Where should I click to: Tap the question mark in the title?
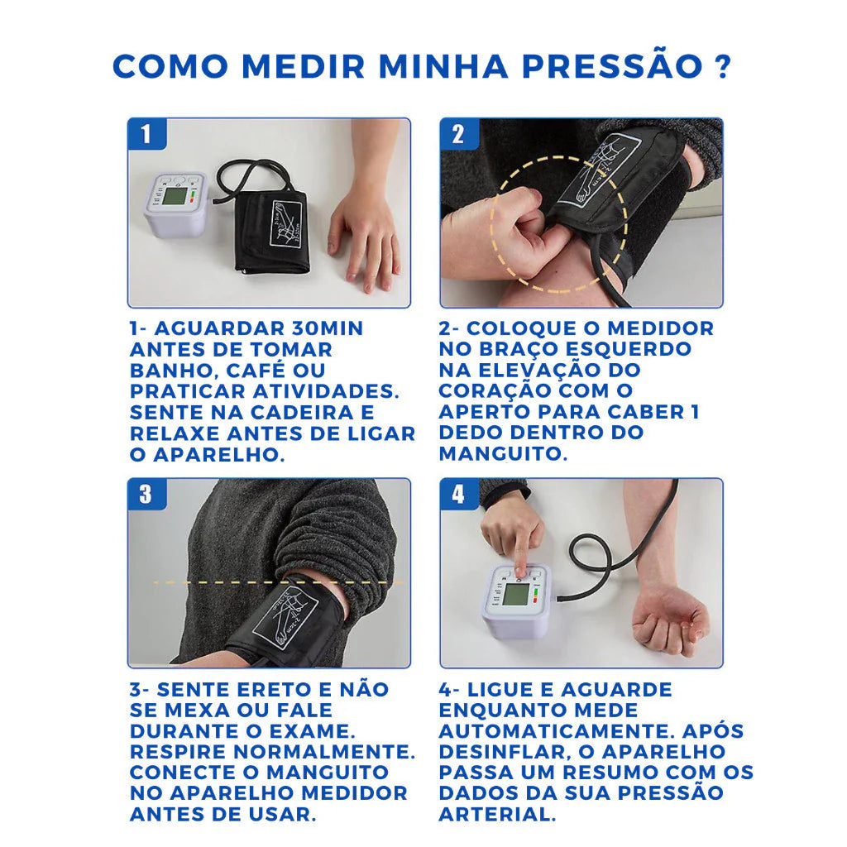(x=721, y=66)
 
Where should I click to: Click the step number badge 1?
(x=146, y=134)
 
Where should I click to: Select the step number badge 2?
(x=458, y=134)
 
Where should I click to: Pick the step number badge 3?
(x=146, y=495)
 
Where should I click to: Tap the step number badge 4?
(x=458, y=495)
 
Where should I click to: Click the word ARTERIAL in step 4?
(x=496, y=814)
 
